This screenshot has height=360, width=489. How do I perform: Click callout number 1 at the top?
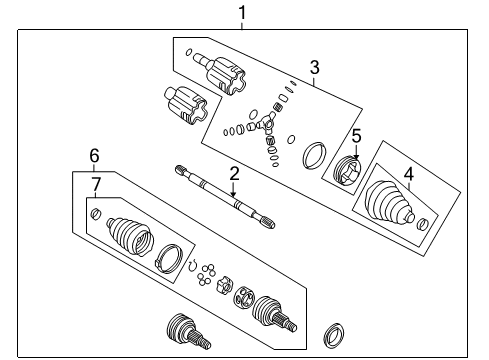pos(240,12)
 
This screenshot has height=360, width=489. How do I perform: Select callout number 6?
pos(94,155)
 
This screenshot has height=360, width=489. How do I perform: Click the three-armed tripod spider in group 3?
pos(266,127)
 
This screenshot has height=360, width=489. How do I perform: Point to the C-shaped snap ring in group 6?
pos(193,264)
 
